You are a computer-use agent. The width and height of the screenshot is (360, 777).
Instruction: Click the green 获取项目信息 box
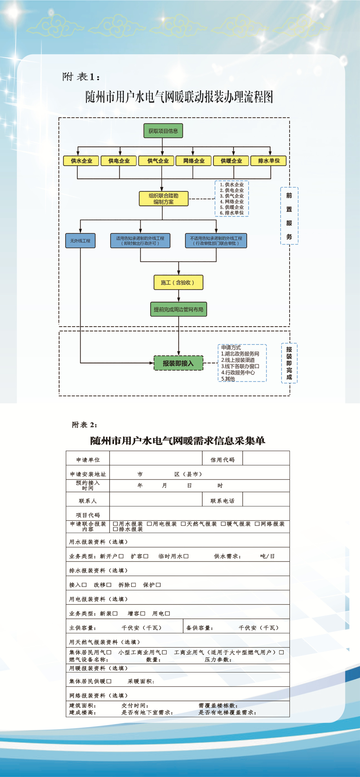tap(163, 131)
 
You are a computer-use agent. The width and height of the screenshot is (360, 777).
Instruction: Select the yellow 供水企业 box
tap(81, 161)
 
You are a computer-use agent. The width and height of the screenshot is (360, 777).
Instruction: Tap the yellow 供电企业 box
tap(119, 161)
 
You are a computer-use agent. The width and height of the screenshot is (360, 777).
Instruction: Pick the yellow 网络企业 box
tap(194, 161)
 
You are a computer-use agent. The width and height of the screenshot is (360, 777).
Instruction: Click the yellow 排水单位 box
tap(269, 161)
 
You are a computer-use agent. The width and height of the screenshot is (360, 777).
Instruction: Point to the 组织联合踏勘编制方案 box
tap(163, 199)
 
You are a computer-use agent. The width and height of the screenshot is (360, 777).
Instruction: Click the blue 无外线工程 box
tap(80, 241)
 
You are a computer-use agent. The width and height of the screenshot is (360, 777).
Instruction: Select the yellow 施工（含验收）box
tap(178, 282)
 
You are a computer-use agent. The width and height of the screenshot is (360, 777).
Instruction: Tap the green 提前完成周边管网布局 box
tap(178, 309)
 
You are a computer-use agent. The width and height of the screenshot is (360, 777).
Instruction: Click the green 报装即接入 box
tap(178, 363)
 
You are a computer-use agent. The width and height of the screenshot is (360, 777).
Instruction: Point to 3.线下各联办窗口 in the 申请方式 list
tap(240, 366)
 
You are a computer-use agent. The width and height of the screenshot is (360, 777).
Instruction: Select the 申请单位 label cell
tap(88, 459)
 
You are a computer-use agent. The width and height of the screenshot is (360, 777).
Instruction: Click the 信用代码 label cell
tap(222, 459)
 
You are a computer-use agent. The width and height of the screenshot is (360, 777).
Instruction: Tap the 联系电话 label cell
tap(222, 500)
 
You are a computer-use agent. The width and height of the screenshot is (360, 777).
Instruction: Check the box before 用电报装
tap(149, 524)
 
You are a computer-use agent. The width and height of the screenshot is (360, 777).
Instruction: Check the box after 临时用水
tap(186, 556)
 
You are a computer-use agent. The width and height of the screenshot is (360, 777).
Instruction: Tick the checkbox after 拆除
tap(133, 585)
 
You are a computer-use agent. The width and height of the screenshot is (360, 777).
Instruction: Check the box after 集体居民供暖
tap(109, 681)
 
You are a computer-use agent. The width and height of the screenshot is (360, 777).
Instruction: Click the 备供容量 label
tap(199, 628)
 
